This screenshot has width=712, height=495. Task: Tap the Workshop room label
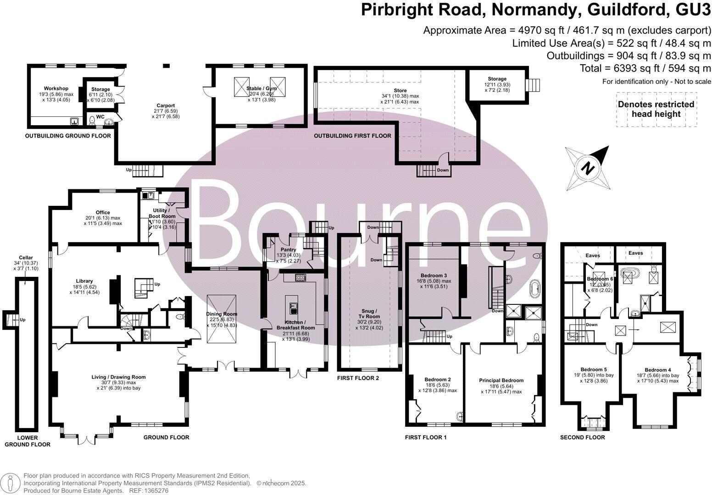(56, 88)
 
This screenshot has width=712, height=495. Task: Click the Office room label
(103, 212)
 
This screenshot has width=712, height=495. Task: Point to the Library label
(84, 281)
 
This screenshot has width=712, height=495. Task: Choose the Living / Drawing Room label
(118, 377)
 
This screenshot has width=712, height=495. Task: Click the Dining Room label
(221, 314)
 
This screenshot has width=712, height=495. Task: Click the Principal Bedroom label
(501, 380)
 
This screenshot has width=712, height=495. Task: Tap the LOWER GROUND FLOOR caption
(28, 441)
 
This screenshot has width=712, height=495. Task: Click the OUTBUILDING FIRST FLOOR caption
(352, 136)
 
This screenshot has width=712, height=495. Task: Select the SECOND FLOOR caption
(582, 437)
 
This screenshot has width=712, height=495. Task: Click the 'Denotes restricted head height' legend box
(656, 109)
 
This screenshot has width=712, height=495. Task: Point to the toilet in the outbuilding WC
(92, 121)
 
